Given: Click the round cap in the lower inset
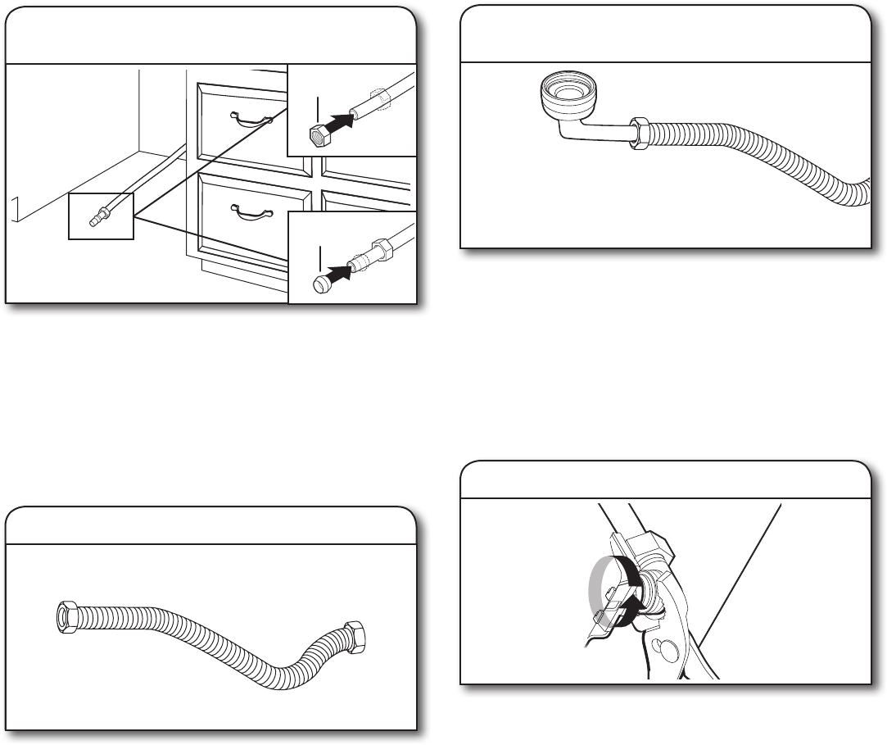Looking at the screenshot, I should point(323,282).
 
